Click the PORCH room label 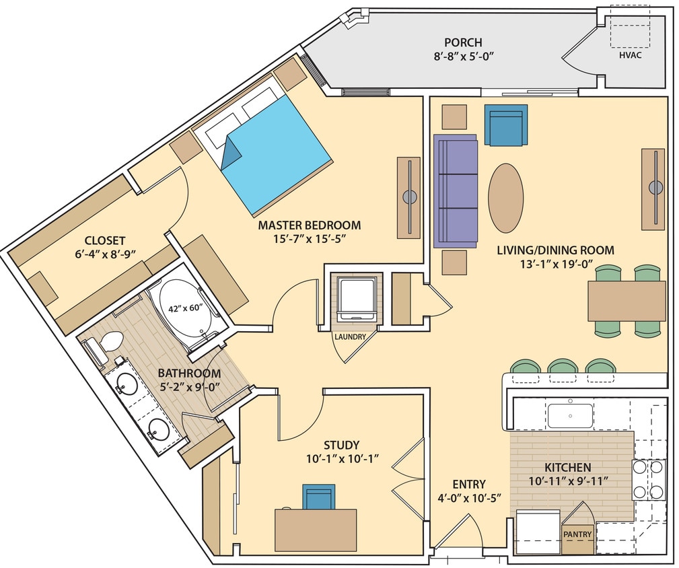[x=463, y=42]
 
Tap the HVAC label [x=630, y=55]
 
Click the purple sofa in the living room [x=456, y=190]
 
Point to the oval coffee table [x=505, y=198]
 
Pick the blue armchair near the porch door [x=505, y=126]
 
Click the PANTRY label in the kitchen [x=577, y=535]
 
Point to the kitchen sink [x=569, y=416]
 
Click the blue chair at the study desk [x=318, y=497]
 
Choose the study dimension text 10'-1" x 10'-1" [x=341, y=459]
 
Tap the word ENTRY [x=469, y=484]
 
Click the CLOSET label [x=104, y=240]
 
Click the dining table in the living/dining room [x=626, y=301]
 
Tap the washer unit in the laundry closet [x=355, y=299]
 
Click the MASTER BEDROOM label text [x=309, y=225]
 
